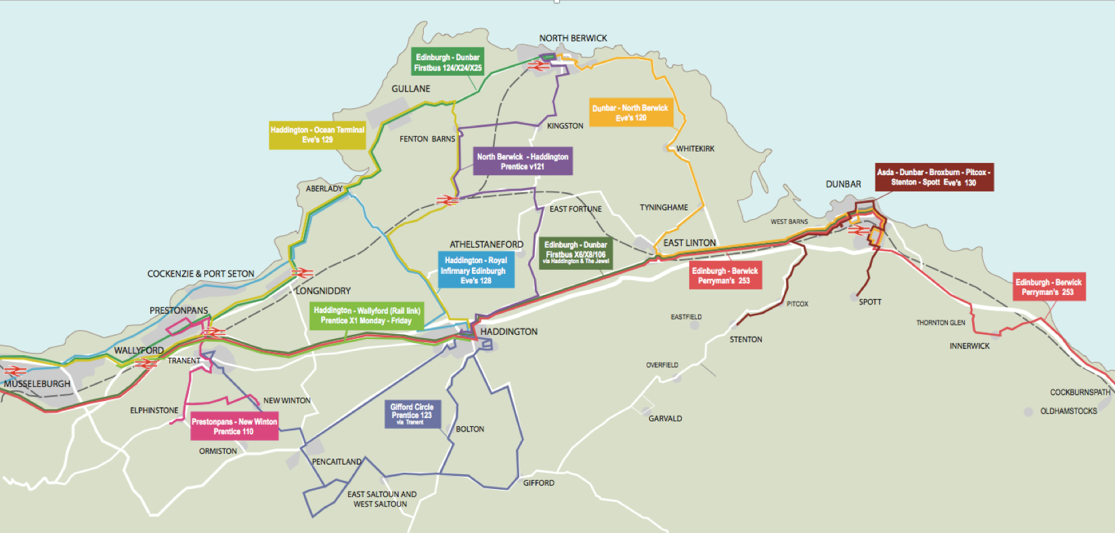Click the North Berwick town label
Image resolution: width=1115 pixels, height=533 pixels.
point(573,38)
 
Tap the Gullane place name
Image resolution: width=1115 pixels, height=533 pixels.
point(410,89)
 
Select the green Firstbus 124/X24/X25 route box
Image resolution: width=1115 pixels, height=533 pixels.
point(447,62)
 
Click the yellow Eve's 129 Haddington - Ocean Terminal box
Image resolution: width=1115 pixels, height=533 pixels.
point(317,135)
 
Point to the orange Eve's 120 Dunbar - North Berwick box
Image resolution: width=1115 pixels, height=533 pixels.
point(630,113)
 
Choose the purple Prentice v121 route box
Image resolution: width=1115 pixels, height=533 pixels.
point(522,162)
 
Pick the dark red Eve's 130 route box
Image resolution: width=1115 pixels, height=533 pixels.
point(934,177)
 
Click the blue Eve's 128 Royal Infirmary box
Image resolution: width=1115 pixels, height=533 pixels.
point(475,270)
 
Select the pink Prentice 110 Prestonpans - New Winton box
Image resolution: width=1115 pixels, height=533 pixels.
point(234,426)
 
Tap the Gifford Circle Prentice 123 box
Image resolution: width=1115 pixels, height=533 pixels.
point(412,414)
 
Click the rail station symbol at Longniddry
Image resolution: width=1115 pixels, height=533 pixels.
point(302,273)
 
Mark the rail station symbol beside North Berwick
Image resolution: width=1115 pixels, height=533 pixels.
point(538,66)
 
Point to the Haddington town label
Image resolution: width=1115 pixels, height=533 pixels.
point(508,331)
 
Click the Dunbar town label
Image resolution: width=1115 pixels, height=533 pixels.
point(843,184)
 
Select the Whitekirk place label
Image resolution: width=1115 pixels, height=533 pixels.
point(695,149)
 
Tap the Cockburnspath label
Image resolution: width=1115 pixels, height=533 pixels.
point(1079,392)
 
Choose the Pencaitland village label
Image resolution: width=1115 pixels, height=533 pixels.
point(336,462)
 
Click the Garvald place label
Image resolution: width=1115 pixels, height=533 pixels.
point(665,419)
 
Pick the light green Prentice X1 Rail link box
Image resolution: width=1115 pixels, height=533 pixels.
point(366,315)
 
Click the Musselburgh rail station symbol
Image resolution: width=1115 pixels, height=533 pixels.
point(15,371)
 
